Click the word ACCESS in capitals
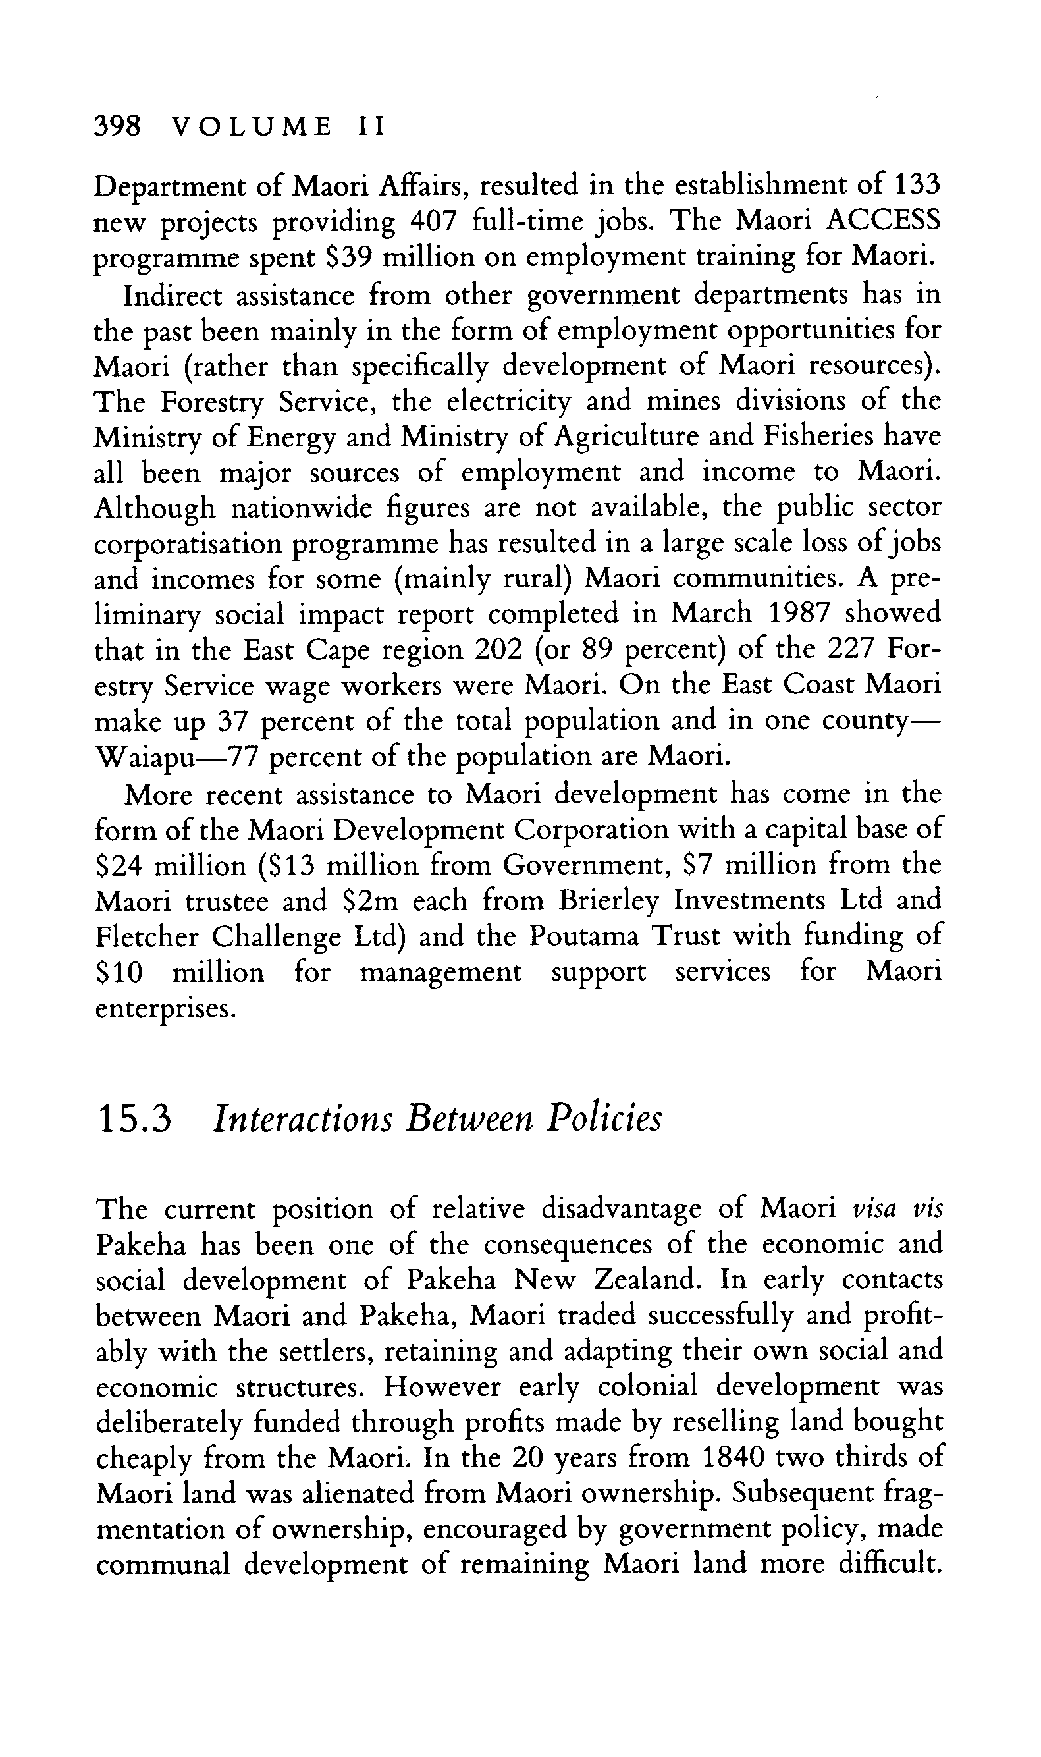coord(883,222)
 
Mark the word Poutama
coord(584,937)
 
